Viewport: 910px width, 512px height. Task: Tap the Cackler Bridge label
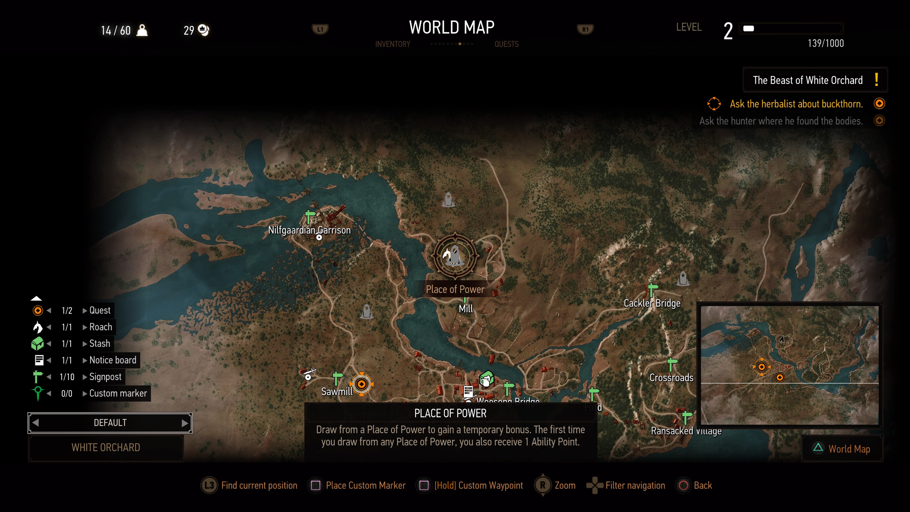[652, 303]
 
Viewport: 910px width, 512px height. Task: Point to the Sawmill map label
[337, 392]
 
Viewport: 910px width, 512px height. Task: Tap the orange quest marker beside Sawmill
[361, 384]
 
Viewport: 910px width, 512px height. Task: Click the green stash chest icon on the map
[487, 379]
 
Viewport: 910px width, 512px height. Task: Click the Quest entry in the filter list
[100, 310]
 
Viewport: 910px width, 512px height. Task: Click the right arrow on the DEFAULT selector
[184, 423]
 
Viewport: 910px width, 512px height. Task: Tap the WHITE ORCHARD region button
[106, 448]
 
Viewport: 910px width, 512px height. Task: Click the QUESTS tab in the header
[506, 44]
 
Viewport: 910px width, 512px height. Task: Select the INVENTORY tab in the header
[392, 44]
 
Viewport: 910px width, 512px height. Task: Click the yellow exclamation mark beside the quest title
[876, 80]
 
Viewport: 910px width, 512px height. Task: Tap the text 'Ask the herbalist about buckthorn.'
[796, 104]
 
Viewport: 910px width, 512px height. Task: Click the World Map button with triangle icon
[842, 449]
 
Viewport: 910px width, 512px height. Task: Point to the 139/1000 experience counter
[826, 43]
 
